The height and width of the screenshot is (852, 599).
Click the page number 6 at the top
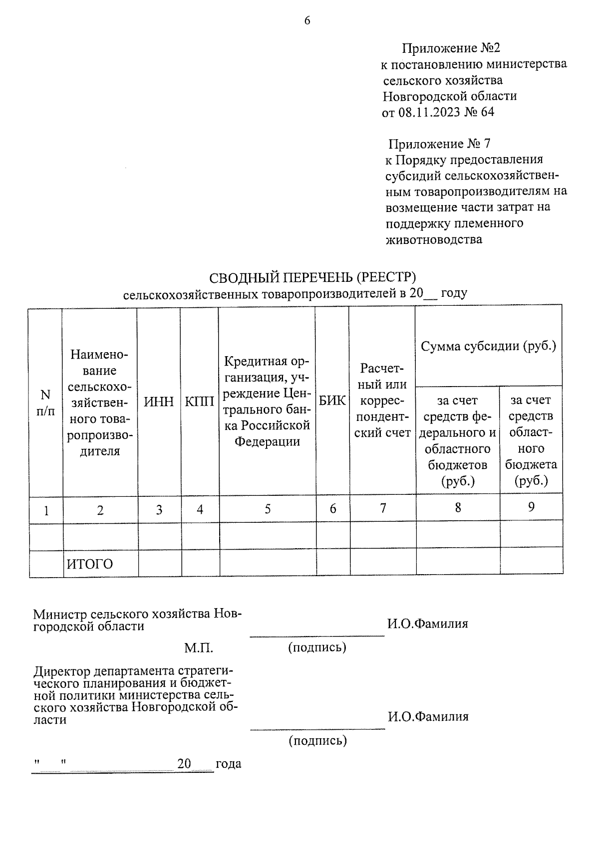[x=307, y=20]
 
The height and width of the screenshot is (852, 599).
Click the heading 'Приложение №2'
[x=451, y=48]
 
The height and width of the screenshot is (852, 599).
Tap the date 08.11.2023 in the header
[x=429, y=112]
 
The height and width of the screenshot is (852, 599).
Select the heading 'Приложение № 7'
[x=439, y=144]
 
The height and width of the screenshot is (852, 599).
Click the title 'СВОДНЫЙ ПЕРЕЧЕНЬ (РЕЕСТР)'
[x=312, y=277]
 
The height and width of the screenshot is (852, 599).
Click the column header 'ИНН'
[x=159, y=402]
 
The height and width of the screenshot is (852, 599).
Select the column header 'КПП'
[x=200, y=402]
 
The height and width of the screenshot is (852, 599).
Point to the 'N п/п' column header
[x=45, y=403]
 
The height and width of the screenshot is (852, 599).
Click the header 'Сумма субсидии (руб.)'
[x=488, y=346]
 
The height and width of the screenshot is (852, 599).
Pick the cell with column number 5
[x=268, y=509]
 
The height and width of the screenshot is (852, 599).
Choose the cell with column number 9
[x=531, y=507]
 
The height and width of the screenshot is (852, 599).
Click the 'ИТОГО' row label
[x=90, y=564]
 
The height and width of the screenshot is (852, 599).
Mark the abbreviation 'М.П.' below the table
[x=199, y=648]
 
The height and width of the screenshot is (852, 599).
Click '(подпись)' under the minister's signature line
[x=317, y=647]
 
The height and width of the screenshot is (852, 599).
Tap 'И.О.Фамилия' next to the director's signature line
[x=428, y=717]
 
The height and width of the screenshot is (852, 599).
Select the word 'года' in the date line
[x=228, y=764]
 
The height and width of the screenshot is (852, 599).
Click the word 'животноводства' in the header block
[x=434, y=239]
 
